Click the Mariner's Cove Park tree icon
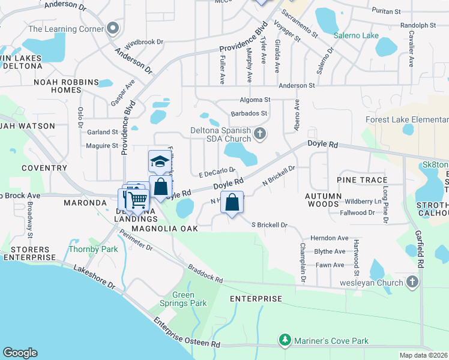click(x=285, y=341)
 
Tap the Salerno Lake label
click(x=356, y=35)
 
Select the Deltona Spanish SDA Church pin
click(x=259, y=133)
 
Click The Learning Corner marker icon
click(x=112, y=29)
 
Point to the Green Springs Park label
click(x=184, y=299)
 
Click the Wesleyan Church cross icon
click(x=412, y=281)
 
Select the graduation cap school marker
click(x=160, y=162)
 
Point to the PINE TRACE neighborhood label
click(x=362, y=180)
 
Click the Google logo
click(x=20, y=353)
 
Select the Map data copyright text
click(x=424, y=355)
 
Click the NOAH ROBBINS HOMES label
click(x=66, y=86)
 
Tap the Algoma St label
click(x=256, y=100)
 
